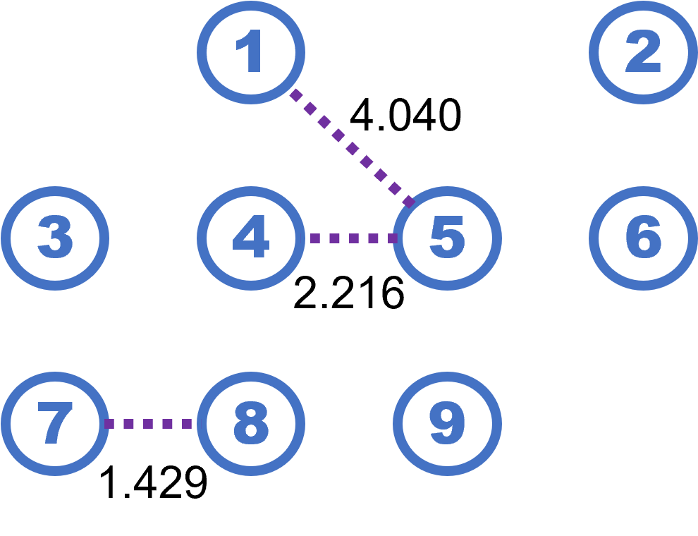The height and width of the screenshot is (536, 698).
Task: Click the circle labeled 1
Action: point(250,52)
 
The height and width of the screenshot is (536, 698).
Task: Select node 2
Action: point(643,52)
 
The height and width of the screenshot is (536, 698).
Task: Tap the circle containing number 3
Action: point(55,238)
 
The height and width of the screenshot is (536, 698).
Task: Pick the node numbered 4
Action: point(250,238)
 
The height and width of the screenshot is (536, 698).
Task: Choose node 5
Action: point(447,238)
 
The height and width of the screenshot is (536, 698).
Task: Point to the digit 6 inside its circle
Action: point(643,238)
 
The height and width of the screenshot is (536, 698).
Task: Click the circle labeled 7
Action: point(55,424)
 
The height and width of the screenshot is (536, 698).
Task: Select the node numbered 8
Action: point(250,424)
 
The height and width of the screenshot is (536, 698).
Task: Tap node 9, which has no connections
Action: point(447,424)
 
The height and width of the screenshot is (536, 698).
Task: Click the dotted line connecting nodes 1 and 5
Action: point(352,148)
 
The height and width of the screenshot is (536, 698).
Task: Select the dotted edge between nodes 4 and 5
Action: point(353,238)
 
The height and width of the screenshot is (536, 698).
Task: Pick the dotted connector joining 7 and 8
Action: point(148,424)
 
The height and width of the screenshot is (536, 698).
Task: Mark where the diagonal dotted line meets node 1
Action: point(295,94)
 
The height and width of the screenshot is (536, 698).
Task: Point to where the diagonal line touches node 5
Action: point(410,202)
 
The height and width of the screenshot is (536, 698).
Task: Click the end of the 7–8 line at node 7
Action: point(109,424)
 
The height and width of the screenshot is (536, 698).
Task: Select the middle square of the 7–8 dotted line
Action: point(148,424)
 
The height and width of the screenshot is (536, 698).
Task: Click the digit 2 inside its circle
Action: point(643,52)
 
